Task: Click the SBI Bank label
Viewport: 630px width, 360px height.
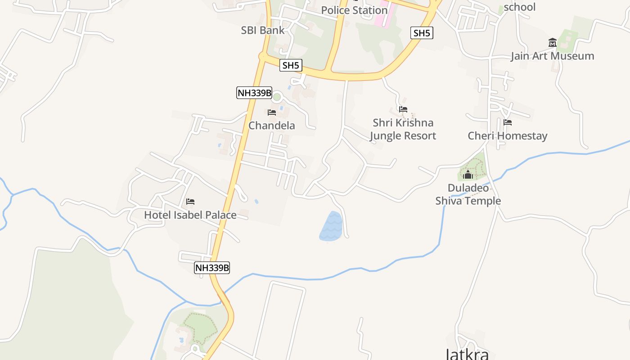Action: click(263, 30)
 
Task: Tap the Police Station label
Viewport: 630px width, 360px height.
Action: click(354, 10)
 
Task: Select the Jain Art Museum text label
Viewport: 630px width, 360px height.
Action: click(552, 56)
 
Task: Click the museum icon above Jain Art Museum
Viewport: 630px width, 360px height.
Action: click(552, 43)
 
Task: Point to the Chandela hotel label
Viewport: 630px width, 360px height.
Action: click(272, 126)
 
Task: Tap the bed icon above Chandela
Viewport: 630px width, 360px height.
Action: click(272, 112)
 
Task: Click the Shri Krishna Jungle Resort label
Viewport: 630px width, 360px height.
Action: click(403, 129)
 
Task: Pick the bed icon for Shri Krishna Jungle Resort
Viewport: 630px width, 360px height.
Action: click(403, 109)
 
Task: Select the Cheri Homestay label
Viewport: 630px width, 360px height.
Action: click(508, 136)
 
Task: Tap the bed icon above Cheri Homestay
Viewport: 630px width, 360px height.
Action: click(508, 122)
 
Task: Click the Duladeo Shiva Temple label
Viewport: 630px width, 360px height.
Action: click(468, 194)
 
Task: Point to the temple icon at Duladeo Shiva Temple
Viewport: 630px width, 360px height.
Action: click(468, 175)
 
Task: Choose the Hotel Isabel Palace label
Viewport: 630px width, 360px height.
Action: click(190, 215)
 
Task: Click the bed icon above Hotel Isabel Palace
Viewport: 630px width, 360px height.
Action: click(190, 202)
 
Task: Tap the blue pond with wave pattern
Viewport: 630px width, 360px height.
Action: click(331, 226)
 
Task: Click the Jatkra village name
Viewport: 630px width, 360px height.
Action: click(467, 354)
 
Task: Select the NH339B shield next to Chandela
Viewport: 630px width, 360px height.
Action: click(255, 93)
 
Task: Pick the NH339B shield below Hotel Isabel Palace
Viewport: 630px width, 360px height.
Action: click(212, 268)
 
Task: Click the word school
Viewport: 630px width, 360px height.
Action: click(520, 7)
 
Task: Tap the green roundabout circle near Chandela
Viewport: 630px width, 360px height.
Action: click(277, 96)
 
